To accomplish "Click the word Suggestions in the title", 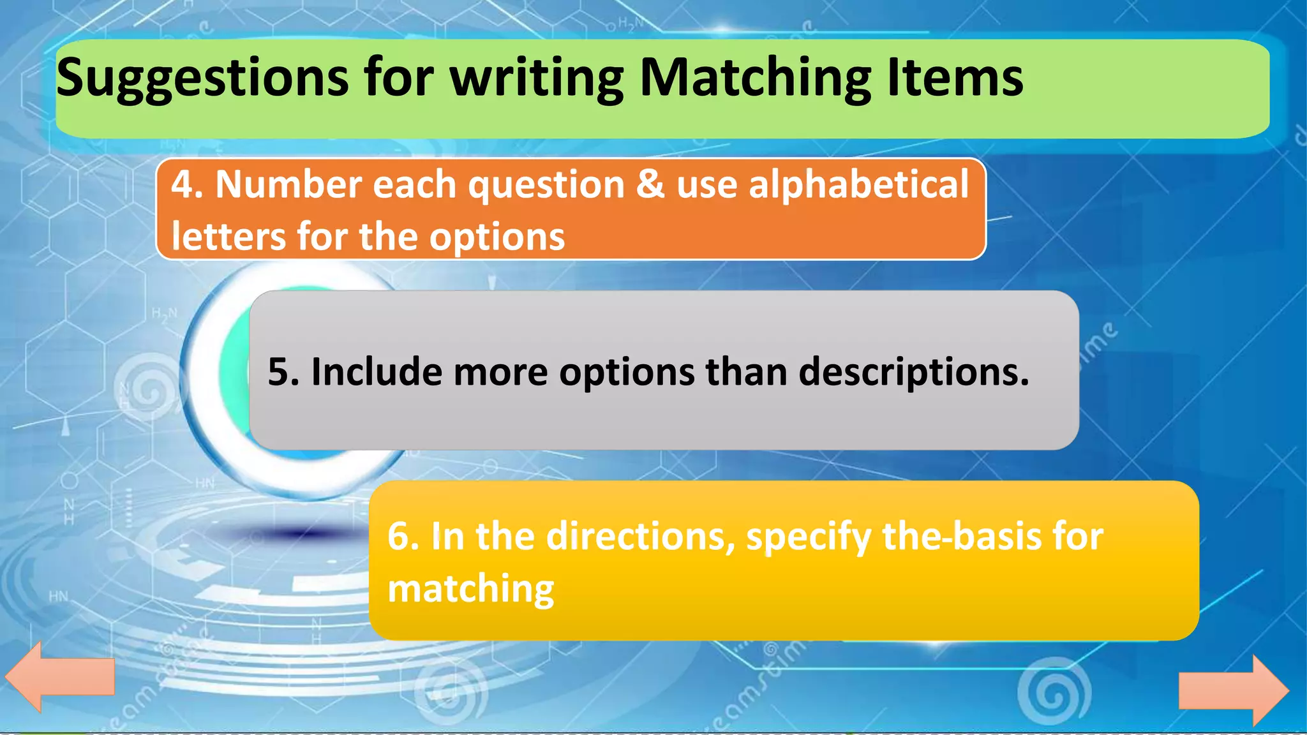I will tap(202, 78).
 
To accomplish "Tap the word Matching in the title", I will tap(755, 78).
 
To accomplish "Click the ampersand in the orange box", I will tap(650, 185).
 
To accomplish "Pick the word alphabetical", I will tap(858, 185).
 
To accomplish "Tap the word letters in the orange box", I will tap(228, 237).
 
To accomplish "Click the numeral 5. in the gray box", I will tap(283, 372).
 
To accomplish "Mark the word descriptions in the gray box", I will tap(913, 372).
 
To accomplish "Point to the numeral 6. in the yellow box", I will tap(403, 537).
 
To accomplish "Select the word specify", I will tap(809, 538).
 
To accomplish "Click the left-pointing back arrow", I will tap(60, 676).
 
